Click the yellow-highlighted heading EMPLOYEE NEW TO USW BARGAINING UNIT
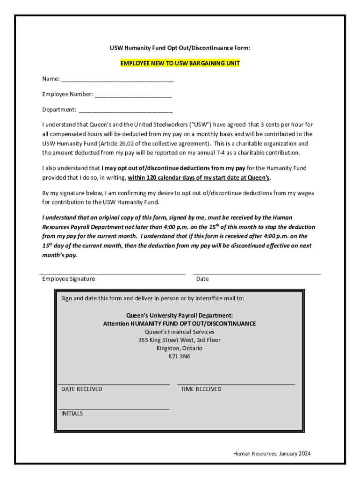pyautogui.click(x=180, y=63)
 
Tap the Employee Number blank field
pyautogui.click(x=133, y=95)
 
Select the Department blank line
pyautogui.click(x=126, y=111)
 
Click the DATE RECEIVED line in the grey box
pyautogui.click(x=113, y=384)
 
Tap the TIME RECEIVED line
pyautogui.click(x=236, y=384)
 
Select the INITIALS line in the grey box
pyautogui.click(x=113, y=409)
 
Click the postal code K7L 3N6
pyautogui.click(x=180, y=356)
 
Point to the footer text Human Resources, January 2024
pyautogui.click(x=272, y=453)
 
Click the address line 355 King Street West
pyautogui.click(x=180, y=340)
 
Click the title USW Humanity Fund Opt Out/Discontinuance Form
pyautogui.click(x=180, y=48)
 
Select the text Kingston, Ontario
pyautogui.click(x=180, y=348)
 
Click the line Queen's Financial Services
pyautogui.click(x=180, y=332)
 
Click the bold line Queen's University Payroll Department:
pyautogui.click(x=180, y=315)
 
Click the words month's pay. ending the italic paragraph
pyautogui.click(x=59, y=255)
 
